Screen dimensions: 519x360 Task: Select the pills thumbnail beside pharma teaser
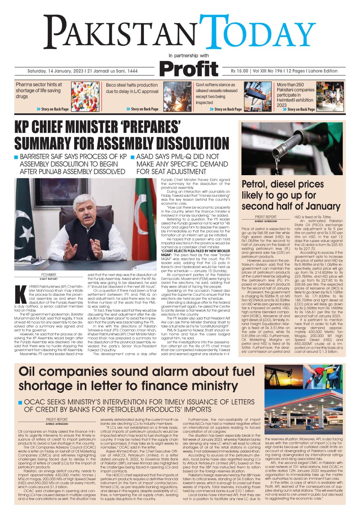pyautogui.click(x=85, y=97)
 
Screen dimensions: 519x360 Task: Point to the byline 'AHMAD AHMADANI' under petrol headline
pyautogui.click(x=265, y=221)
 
